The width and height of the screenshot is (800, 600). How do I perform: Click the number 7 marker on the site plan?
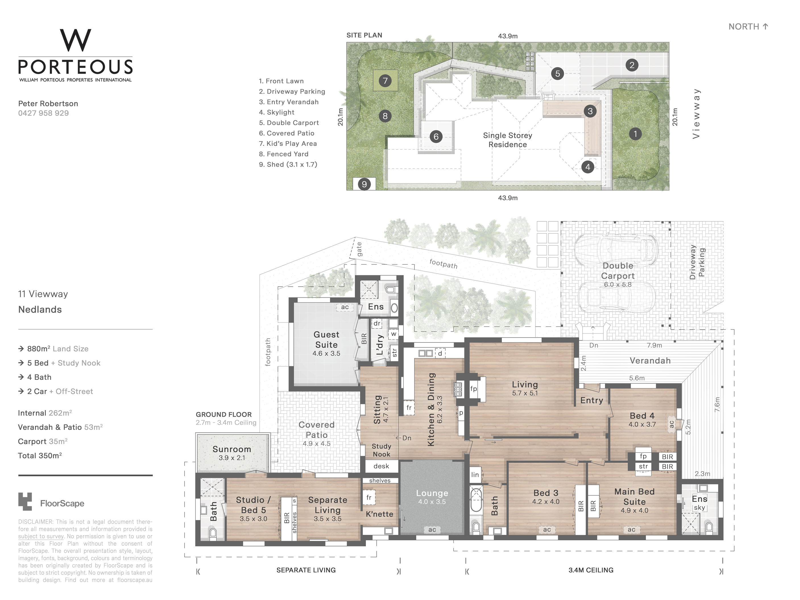(385, 81)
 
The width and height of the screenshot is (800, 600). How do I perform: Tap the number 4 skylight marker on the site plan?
(588, 167)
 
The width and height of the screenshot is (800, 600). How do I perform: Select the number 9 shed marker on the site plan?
(364, 184)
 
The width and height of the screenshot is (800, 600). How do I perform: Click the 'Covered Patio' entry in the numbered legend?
(287, 133)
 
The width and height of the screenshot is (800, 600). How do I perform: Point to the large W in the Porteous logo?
(75, 40)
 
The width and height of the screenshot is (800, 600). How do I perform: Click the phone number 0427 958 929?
(43, 113)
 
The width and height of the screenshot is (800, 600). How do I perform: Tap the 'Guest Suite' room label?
(326, 340)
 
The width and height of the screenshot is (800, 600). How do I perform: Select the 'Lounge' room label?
(432, 493)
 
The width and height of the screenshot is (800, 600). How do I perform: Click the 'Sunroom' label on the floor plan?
(231, 449)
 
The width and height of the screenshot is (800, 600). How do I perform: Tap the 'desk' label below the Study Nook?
(381, 466)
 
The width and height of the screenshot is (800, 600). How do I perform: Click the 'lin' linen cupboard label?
(475, 475)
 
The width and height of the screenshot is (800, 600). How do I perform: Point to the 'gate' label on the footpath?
(359, 249)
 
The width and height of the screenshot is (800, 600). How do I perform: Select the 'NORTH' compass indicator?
(744, 26)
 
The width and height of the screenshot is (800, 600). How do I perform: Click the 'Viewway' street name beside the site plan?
(696, 113)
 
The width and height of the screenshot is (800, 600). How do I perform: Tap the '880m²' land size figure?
(39, 349)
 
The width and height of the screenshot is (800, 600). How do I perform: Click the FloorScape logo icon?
(25, 502)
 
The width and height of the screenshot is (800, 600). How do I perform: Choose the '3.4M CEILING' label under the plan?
(591, 570)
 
